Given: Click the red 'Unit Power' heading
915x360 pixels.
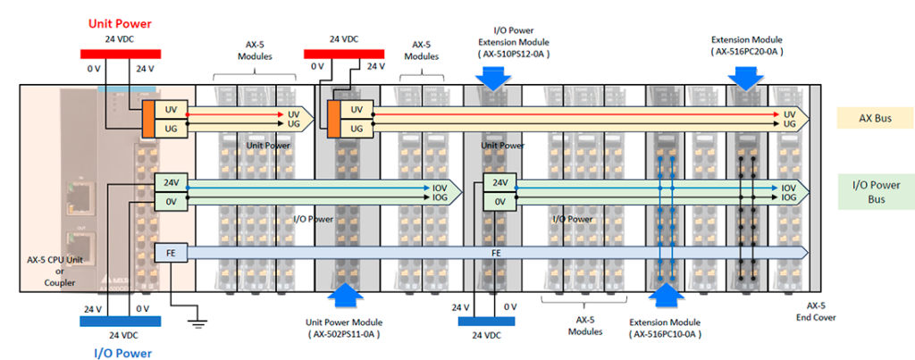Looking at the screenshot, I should [x=119, y=23].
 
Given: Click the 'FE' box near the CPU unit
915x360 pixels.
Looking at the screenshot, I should [x=170, y=253].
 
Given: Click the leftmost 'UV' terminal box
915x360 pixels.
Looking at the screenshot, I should [x=170, y=109].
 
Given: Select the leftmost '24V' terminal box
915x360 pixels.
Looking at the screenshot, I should [x=170, y=182].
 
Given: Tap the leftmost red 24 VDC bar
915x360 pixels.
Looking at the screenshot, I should [x=119, y=53].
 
